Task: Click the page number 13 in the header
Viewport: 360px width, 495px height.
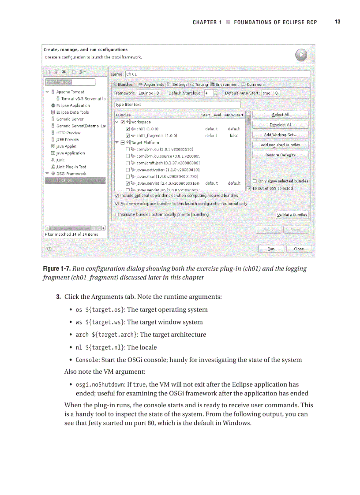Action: pyautogui.click(x=337, y=22)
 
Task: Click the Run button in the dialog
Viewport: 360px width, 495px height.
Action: pyautogui.click(x=271, y=249)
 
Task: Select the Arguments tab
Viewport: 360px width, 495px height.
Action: pyautogui.click(x=151, y=85)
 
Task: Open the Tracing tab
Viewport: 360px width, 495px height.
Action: pyautogui.click(x=199, y=85)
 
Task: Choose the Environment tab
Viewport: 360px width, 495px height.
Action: pyautogui.click(x=225, y=85)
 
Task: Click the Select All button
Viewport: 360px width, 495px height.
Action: pyautogui.click(x=280, y=115)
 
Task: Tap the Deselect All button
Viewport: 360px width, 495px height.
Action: pyautogui.click(x=280, y=125)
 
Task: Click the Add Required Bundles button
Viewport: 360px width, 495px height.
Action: pyautogui.click(x=280, y=145)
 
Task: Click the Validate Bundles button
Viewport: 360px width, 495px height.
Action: pyautogui.click(x=292, y=215)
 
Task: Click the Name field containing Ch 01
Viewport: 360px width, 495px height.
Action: pyautogui.click(x=217, y=74)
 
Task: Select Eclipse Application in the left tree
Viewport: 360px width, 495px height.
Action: pyautogui.click(x=73, y=106)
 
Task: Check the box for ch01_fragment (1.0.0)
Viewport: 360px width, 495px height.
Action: pyautogui.click(x=127, y=136)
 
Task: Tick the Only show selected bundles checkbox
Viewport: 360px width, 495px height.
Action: pyautogui.click(x=255, y=181)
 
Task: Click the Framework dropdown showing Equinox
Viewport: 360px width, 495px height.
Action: pyautogui.click(x=149, y=93)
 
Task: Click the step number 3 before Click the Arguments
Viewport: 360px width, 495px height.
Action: pyautogui.click(x=58, y=297)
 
